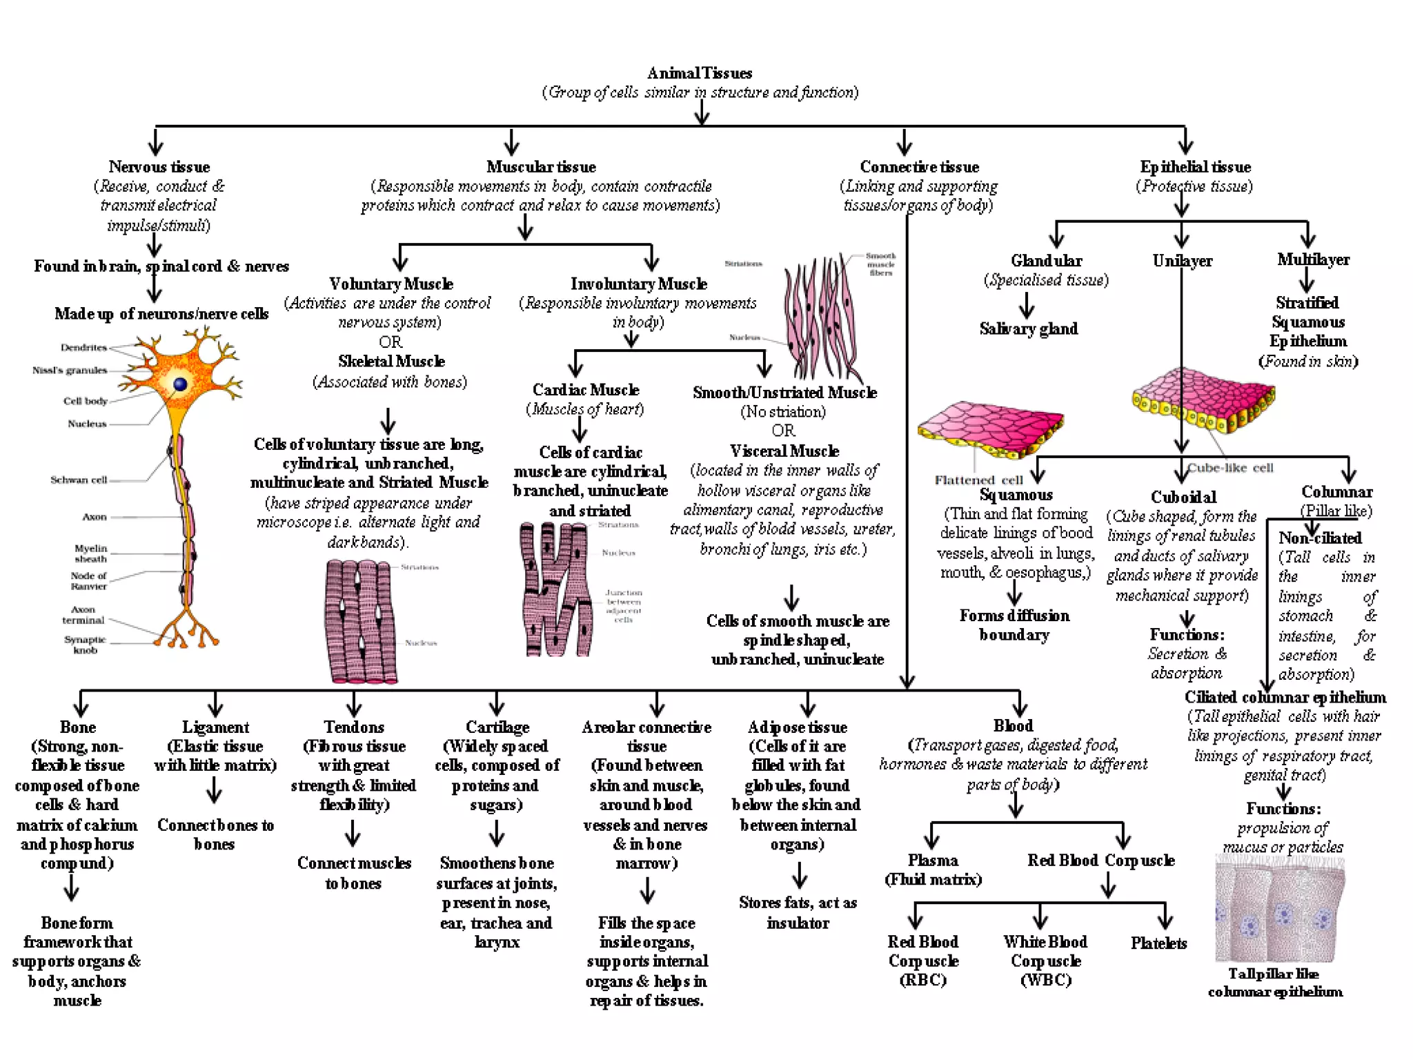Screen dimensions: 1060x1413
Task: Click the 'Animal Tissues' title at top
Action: tap(700, 73)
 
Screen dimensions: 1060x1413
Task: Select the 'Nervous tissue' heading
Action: tap(159, 167)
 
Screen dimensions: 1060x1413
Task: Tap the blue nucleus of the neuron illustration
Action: tap(180, 384)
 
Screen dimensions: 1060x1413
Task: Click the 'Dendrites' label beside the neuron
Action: tap(83, 347)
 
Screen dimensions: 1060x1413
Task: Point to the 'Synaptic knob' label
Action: tap(86, 645)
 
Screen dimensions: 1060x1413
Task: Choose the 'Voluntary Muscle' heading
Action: tap(391, 284)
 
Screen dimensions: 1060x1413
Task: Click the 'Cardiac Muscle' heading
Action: tap(586, 390)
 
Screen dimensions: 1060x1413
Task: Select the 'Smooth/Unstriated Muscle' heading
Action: tap(784, 393)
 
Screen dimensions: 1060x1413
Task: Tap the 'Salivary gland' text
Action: tap(1028, 329)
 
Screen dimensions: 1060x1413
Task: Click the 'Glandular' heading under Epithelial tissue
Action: tap(1046, 261)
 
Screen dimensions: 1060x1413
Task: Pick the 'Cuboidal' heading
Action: tap(1183, 497)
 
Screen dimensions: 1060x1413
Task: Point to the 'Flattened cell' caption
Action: tap(978, 480)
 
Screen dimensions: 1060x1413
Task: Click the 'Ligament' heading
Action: tap(215, 727)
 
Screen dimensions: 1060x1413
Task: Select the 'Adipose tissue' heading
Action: tap(797, 727)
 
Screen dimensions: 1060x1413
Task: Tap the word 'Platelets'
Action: tap(1158, 943)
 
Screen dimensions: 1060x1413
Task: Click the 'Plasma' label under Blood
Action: tap(933, 861)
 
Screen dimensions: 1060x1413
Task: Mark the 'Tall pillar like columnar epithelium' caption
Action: tap(1274, 983)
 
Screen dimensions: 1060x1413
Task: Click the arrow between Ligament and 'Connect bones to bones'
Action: tap(215, 791)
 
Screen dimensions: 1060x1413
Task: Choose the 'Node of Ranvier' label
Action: tap(88, 581)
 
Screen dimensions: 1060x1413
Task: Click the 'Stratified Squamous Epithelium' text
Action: tap(1309, 322)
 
